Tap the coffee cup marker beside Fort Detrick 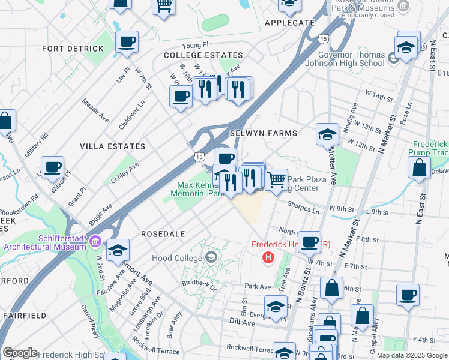[127, 42]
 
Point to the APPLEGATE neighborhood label [289, 23]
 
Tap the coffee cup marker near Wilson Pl [52, 166]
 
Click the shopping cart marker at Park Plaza [276, 179]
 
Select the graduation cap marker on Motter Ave [328, 134]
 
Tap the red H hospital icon [269, 257]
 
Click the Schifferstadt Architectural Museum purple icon [95, 242]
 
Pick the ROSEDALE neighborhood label [163, 233]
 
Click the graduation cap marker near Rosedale [118, 249]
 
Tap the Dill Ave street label [244, 322]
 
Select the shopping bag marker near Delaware [419, 167]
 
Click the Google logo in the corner [19, 353]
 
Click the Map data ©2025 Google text [411, 355]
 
